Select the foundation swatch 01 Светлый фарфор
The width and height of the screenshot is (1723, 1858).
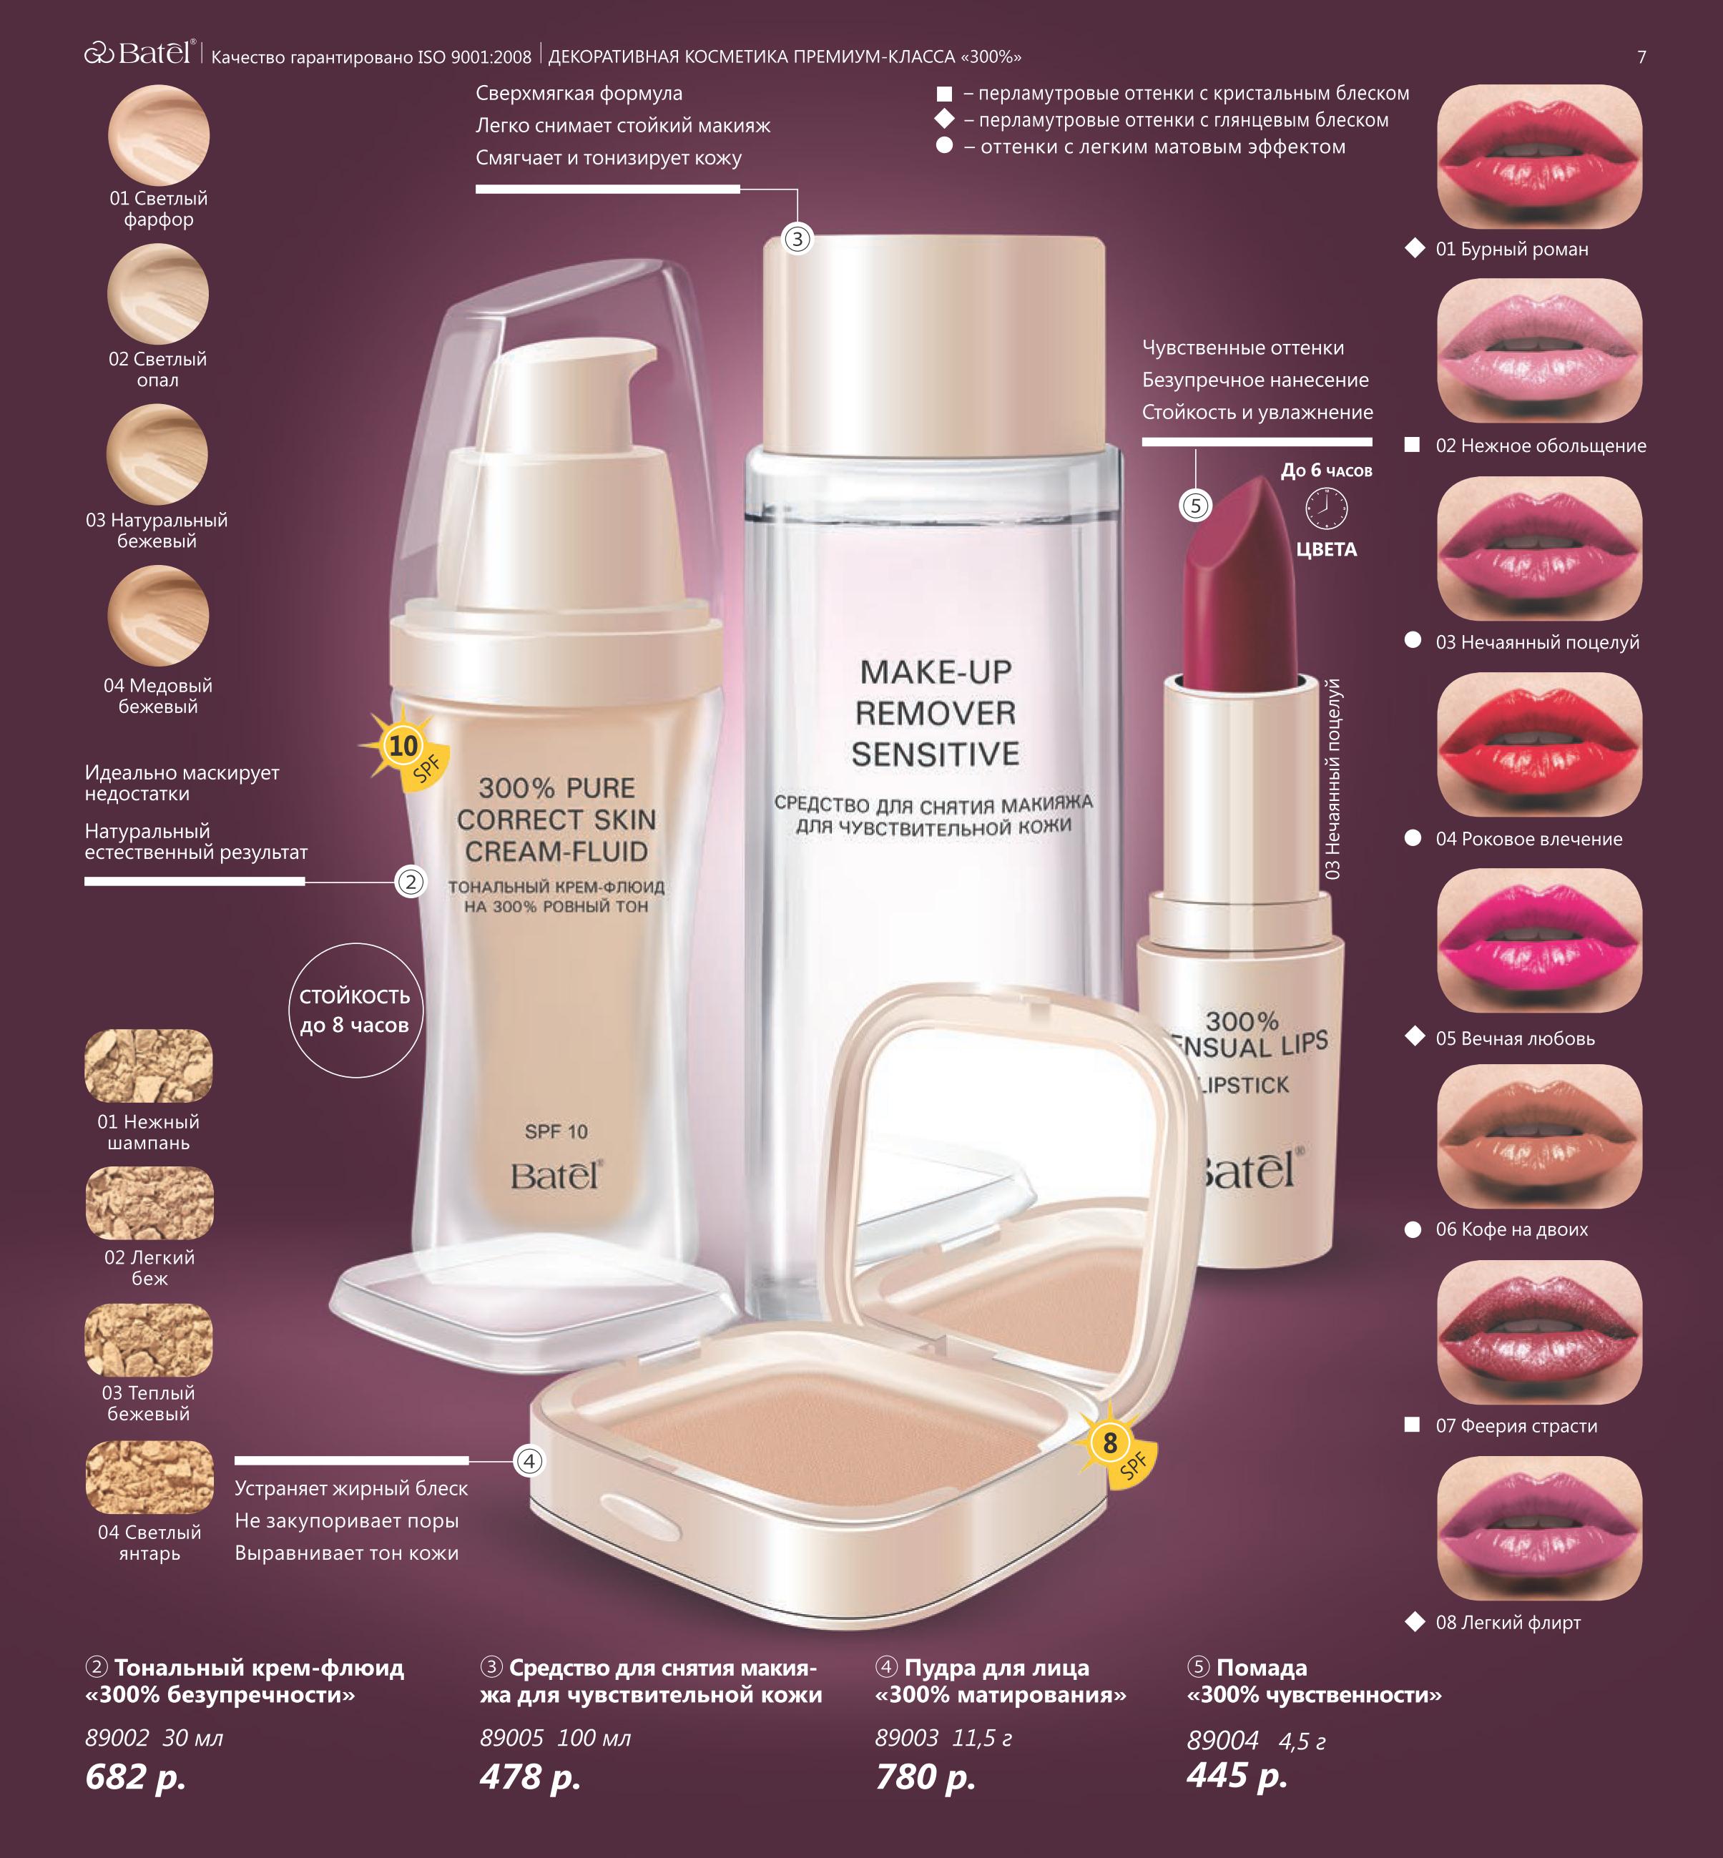(159, 135)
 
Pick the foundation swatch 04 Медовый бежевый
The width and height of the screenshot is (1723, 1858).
(159, 615)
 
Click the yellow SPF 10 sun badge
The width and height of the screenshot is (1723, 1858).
(406, 749)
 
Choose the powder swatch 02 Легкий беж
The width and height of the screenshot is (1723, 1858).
(149, 1204)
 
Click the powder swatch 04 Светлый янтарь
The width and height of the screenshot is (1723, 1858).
(149, 1478)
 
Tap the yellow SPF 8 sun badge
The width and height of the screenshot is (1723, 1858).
(1112, 1447)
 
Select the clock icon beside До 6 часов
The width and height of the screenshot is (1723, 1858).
(1326, 509)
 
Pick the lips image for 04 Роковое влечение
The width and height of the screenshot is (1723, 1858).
(1539, 745)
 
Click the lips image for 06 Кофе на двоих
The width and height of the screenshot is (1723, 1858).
(1539, 1136)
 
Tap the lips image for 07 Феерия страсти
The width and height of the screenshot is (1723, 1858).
(1539, 1332)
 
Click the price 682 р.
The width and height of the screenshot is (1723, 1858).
(135, 1776)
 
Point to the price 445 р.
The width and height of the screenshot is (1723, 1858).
(1237, 1774)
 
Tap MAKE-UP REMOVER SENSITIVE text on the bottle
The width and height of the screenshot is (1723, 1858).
(935, 713)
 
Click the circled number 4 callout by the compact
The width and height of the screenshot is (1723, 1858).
(529, 1461)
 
